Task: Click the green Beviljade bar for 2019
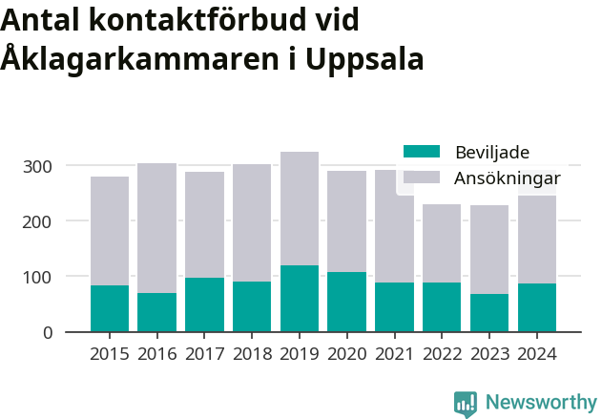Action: tap(300, 299)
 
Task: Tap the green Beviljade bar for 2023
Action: tap(488, 313)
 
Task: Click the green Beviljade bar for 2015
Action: tap(110, 308)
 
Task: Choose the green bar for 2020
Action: tap(346, 302)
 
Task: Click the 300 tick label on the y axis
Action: tap(38, 166)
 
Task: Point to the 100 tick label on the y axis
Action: tap(38, 277)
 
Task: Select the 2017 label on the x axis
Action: tap(204, 354)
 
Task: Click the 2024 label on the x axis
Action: tap(536, 354)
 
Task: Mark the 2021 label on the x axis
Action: tap(394, 354)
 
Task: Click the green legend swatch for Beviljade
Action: tap(422, 152)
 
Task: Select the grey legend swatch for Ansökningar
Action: tap(422, 178)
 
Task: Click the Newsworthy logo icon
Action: tap(466, 404)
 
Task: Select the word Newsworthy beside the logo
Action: tap(540, 403)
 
